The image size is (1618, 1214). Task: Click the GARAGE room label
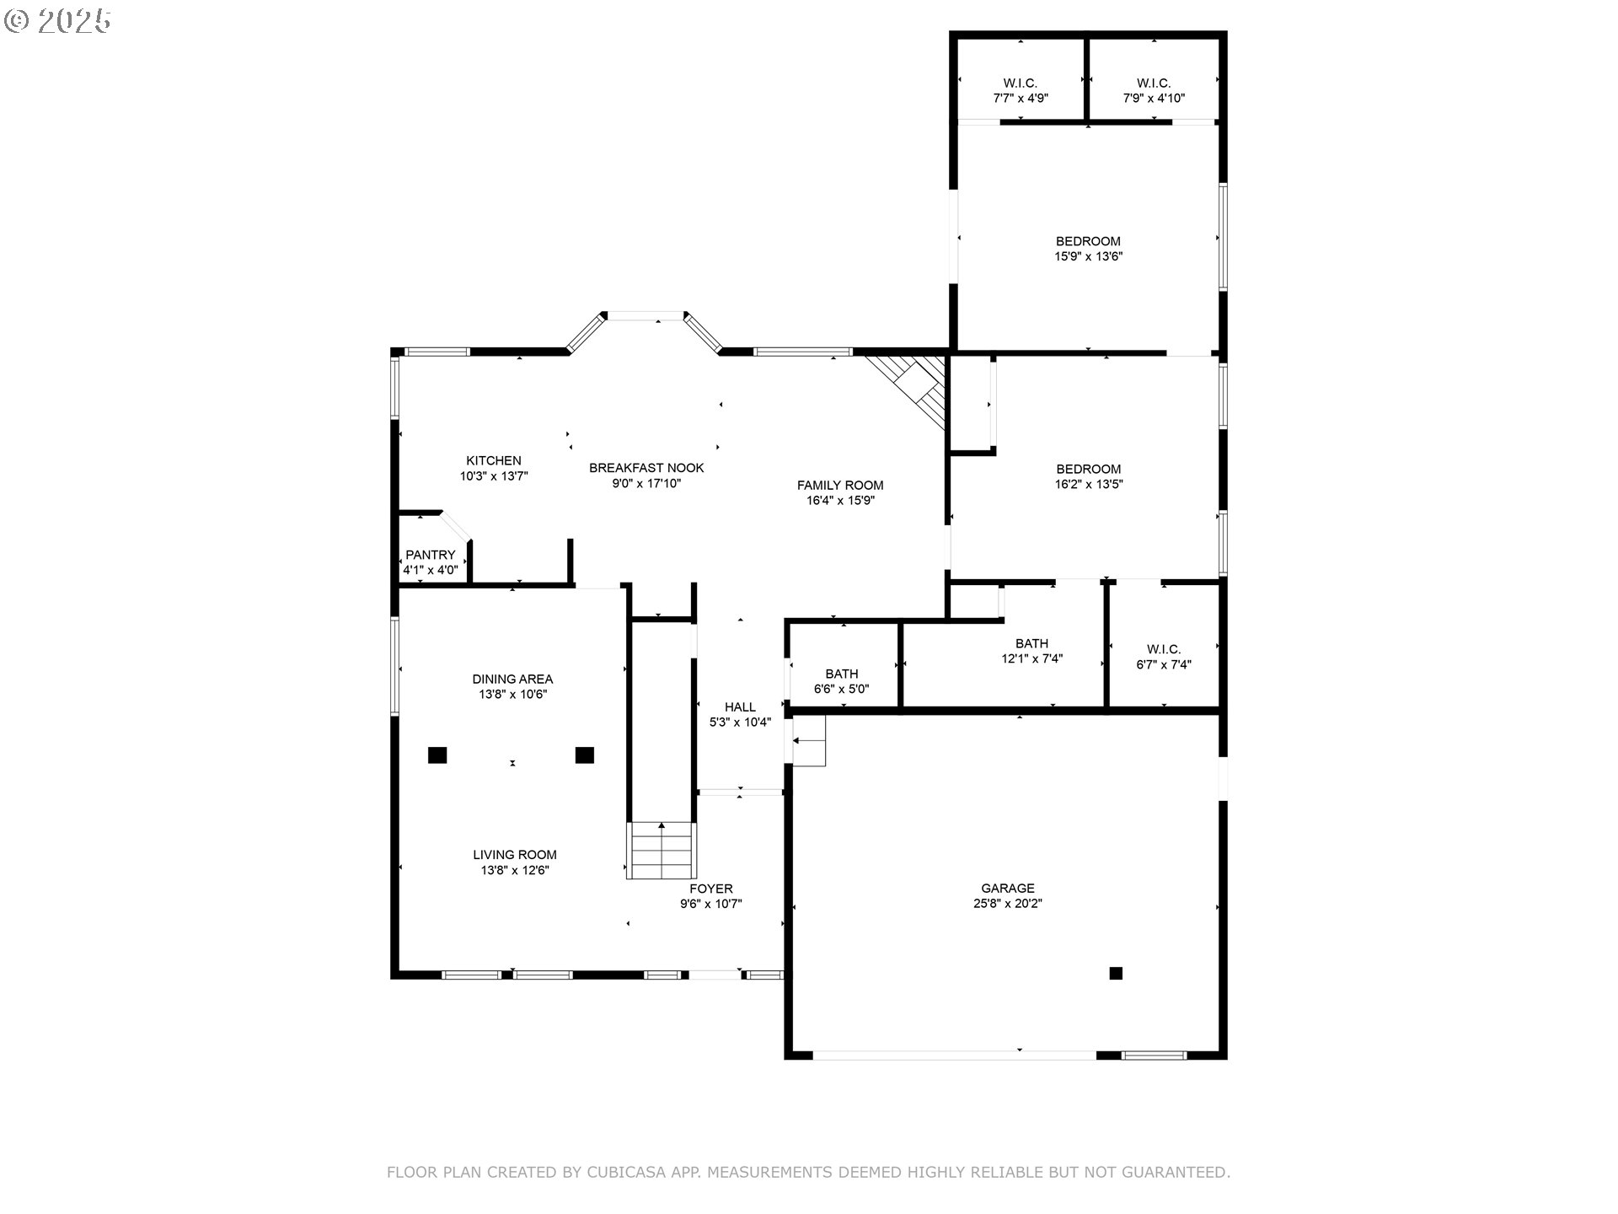(1007, 888)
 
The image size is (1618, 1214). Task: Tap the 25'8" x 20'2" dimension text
(1007, 904)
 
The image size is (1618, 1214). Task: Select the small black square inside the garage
(1116, 973)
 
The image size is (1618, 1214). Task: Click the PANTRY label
(430, 555)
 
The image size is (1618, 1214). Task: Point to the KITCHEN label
(494, 460)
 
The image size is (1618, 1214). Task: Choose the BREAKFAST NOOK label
(646, 468)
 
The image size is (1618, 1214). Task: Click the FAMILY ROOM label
(840, 485)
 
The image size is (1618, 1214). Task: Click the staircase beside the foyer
(662, 850)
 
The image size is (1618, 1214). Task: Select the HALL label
(740, 706)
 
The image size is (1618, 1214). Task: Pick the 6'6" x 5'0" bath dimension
(841, 689)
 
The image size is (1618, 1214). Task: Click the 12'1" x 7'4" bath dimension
(1031, 659)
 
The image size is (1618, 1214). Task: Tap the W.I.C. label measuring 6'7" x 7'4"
(1164, 649)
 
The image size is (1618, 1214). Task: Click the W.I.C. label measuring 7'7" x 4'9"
(1020, 83)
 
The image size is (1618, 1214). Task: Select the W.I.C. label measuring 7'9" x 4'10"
(1153, 83)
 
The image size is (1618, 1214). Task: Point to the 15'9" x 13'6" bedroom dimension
(1088, 256)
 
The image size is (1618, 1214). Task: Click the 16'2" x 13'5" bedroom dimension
(1088, 485)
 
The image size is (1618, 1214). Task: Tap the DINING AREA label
(512, 679)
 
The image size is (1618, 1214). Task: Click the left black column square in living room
(437, 755)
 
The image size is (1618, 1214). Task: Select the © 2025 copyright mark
(57, 20)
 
